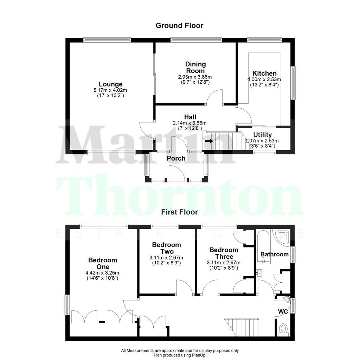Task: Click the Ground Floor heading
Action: pos(179,25)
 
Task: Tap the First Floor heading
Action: pos(179,212)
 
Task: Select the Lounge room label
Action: pos(111,84)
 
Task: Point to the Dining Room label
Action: pos(195,67)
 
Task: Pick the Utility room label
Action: pos(263,135)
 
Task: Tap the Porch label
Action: pos(176,158)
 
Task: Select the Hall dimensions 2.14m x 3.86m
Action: pos(189,123)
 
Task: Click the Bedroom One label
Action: pos(102,264)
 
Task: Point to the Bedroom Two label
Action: pos(167,248)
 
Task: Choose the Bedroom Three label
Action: pos(224,253)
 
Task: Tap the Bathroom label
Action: pos(274,254)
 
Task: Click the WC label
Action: pos(283,311)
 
